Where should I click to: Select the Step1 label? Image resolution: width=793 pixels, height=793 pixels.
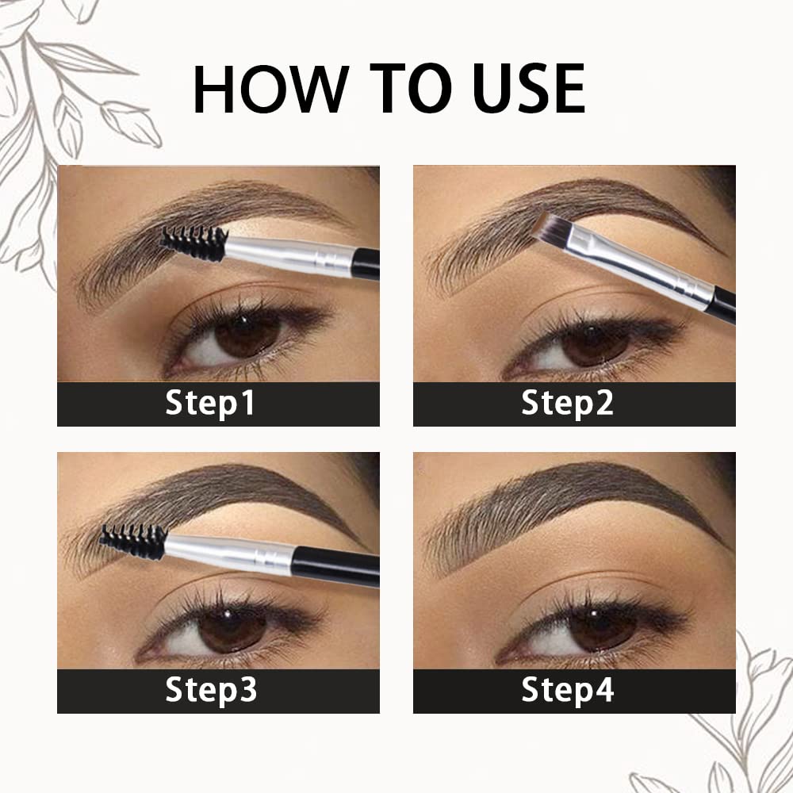point(210,404)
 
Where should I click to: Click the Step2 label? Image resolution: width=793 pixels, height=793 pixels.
point(567,404)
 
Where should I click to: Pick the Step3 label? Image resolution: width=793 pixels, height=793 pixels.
point(211,691)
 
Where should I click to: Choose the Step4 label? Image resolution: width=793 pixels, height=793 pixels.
point(568,691)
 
